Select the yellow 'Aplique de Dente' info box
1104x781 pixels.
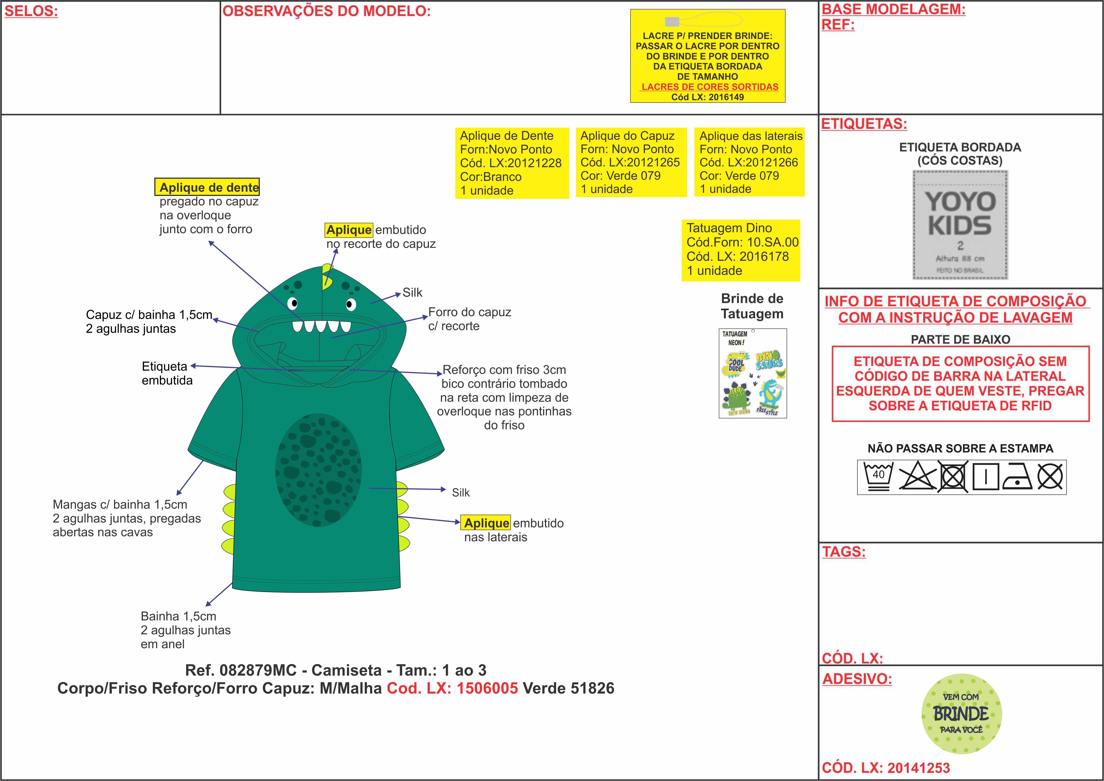tap(512, 163)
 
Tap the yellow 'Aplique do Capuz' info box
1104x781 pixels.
tap(631, 163)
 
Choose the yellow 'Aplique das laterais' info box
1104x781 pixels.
tap(749, 163)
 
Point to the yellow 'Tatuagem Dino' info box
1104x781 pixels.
tap(741, 250)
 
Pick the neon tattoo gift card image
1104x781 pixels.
tap(752, 373)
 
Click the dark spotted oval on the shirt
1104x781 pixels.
tap(318, 470)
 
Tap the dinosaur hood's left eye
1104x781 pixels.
tap(293, 303)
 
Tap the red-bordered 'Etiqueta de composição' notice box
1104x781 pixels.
tap(960, 383)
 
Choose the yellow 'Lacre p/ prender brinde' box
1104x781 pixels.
tap(707, 56)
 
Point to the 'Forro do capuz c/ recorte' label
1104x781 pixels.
tap(469, 319)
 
